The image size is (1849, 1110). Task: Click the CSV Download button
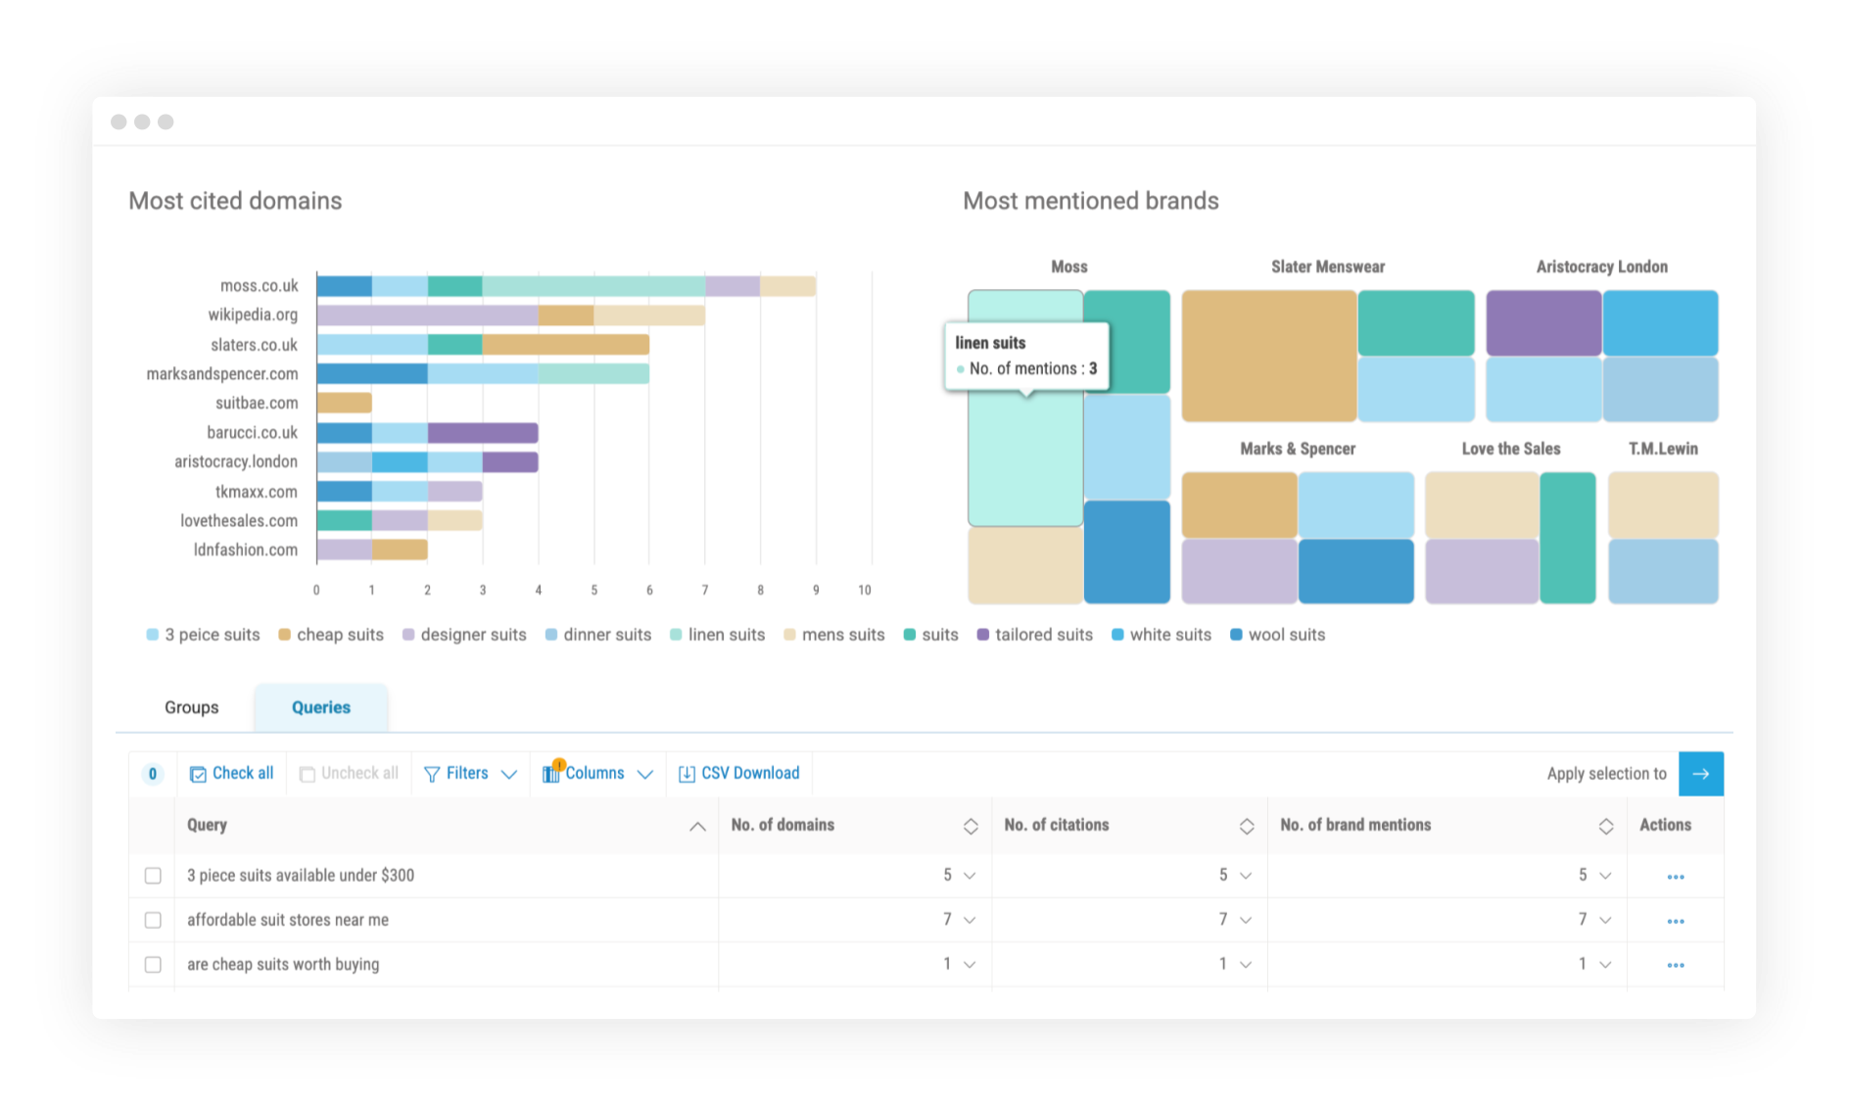[x=739, y=773]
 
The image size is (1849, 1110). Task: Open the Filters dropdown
[x=470, y=773]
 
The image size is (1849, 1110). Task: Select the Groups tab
[x=192, y=707]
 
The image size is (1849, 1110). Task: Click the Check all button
[x=232, y=773]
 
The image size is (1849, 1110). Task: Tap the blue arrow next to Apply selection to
[x=1700, y=773]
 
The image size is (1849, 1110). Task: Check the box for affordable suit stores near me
[x=153, y=920]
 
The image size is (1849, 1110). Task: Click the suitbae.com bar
[x=344, y=403]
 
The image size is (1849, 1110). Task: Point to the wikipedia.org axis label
[x=253, y=314]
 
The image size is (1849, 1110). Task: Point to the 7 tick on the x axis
[x=704, y=590]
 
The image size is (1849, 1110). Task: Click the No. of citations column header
[x=1057, y=825]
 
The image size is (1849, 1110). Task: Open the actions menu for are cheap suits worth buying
[x=1675, y=965]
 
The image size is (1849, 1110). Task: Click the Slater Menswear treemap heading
[x=1327, y=266]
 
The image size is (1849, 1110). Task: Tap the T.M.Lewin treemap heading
[x=1663, y=449]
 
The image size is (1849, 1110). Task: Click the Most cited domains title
[x=235, y=201]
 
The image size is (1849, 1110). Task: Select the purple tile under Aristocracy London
[x=1543, y=323]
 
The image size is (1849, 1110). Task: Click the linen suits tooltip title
[x=990, y=343]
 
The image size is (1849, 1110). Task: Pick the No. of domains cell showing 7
[x=947, y=920]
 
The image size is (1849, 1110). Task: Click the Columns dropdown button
[x=597, y=773]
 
